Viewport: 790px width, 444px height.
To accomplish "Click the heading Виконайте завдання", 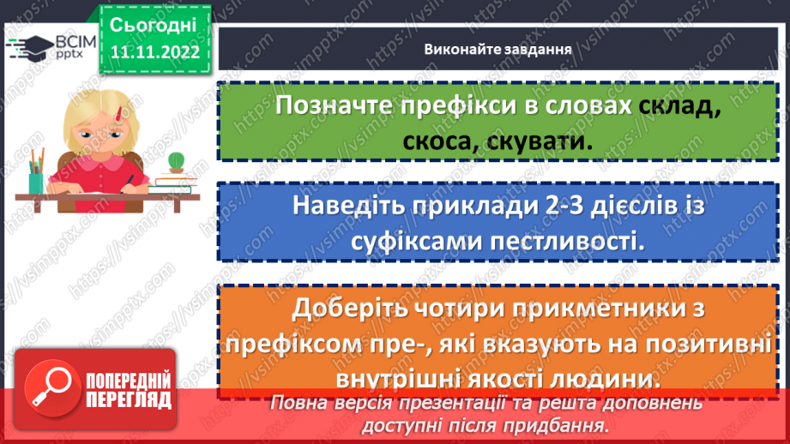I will tap(498, 48).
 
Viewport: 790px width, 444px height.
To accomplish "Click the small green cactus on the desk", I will tap(177, 160).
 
